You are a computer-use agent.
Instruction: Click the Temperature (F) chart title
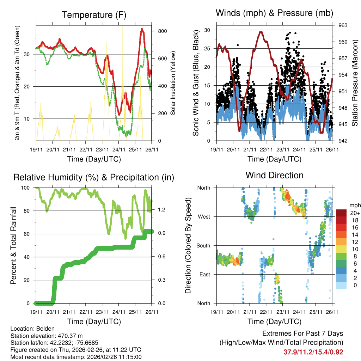pos(94,15)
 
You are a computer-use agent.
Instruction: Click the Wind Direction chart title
pos(274,175)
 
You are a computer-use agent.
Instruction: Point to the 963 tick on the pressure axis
pos(343,25)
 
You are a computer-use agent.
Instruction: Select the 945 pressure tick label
pos(343,124)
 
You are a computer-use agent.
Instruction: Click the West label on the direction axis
pos(204,216)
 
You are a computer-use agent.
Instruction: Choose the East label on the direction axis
pos(204,274)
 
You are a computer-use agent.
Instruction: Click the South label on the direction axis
pos(203,245)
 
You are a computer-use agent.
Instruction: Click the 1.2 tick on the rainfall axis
pos(162,210)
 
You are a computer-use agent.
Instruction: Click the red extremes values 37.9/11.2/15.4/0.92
pos(313,352)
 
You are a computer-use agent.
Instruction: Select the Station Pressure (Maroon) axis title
pos(355,83)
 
